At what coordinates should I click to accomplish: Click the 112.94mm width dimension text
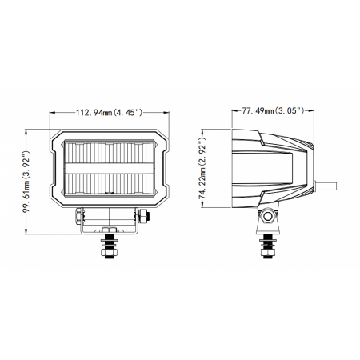[112, 113]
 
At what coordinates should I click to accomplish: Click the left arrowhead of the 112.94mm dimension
[54, 113]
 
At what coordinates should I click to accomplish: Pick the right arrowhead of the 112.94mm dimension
[170, 113]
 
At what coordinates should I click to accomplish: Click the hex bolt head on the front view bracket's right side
[142, 215]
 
